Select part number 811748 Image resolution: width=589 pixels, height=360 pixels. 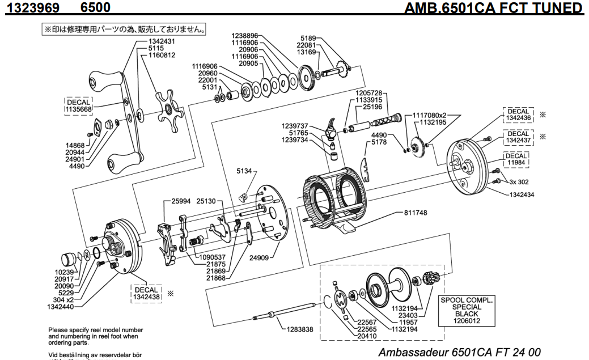(x=416, y=213)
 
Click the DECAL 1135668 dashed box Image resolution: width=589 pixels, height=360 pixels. (x=79, y=106)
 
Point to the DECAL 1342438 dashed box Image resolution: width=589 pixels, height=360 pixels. (x=147, y=293)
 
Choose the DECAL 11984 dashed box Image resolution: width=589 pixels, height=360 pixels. (x=516, y=159)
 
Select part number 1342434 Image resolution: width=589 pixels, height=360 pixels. (x=520, y=194)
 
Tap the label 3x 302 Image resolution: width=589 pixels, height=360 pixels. (x=519, y=182)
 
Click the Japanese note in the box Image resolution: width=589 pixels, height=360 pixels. (x=125, y=28)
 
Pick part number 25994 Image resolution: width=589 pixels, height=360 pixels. (x=183, y=201)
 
